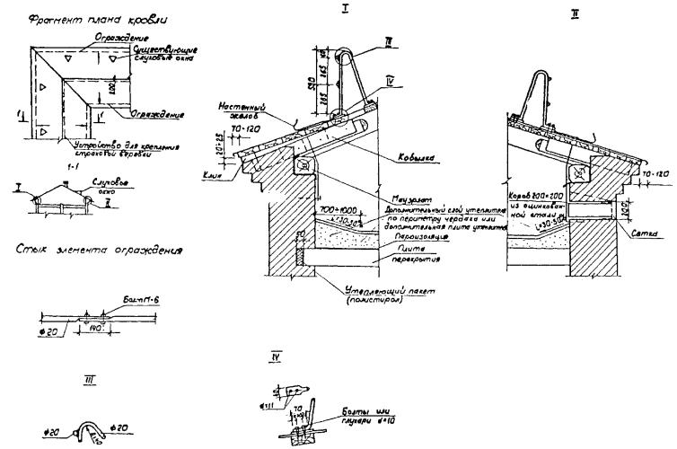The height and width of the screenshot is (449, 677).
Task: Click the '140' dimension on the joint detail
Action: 95,330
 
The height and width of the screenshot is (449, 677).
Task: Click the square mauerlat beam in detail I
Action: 303,164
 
